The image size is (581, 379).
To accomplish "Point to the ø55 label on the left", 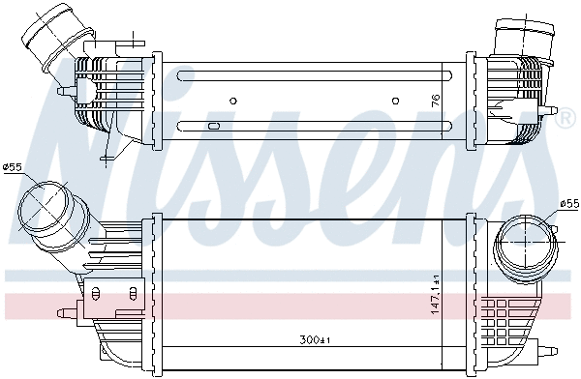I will click(13, 167).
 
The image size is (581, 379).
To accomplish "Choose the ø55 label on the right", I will click(568, 204).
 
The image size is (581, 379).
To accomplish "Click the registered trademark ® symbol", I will click(565, 118).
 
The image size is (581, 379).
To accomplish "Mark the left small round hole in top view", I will click(232, 100).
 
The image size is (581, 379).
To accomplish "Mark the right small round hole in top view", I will click(396, 100).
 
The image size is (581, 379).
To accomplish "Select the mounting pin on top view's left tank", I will click(64, 91).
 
